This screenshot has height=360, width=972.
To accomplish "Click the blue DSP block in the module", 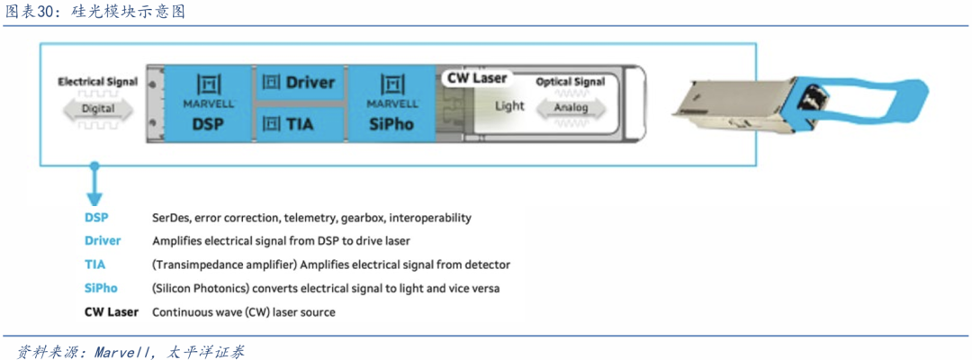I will pos(208,103).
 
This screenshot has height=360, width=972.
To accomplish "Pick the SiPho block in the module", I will pos(391,103).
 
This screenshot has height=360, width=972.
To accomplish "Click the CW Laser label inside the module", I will pos(477,78).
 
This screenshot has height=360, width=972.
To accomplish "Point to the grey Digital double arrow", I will pos(98,109).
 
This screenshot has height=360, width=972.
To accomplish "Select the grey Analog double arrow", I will pos(571,108).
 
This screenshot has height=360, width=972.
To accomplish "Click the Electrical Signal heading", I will pos(98,81).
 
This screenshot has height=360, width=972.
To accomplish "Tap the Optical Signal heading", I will pos(571,82).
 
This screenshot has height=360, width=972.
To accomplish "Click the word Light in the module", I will pos(509,106).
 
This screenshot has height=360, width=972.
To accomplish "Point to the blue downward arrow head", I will pos(93,199).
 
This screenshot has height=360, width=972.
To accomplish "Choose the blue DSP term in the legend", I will pos(96,218).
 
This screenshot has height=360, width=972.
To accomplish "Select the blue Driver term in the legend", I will pos(103,241).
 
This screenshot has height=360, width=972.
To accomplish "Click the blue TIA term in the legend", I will pos(95,265).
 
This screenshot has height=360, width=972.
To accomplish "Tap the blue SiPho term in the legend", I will pos(101,288).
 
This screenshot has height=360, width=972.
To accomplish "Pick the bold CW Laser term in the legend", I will pos(112,312).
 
